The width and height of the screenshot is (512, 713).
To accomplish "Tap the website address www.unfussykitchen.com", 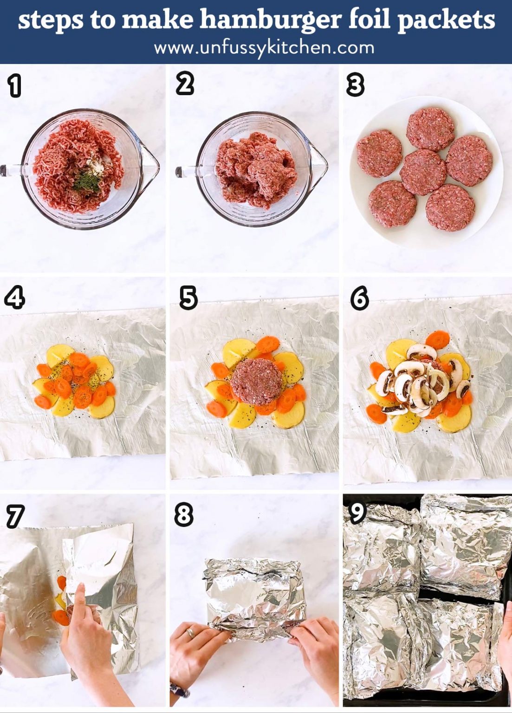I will pos(264,47).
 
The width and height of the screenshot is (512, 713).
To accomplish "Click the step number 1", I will pos(15,86).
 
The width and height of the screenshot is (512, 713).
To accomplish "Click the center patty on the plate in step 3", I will pos(423,172).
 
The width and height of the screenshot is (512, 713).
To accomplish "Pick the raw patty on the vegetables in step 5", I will pos(257,381).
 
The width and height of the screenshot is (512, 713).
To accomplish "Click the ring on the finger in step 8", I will pos(190,632).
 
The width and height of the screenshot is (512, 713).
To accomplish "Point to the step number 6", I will pos(360,298).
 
